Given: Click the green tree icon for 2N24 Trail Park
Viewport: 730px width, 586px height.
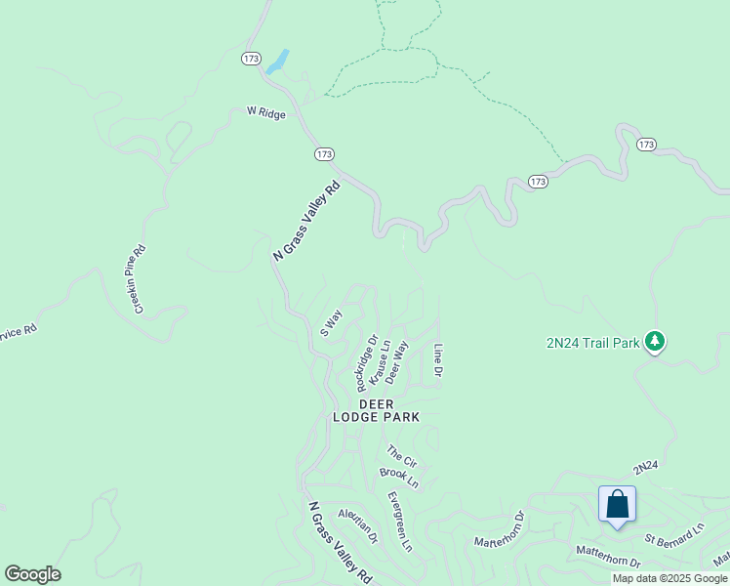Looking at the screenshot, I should click(656, 342).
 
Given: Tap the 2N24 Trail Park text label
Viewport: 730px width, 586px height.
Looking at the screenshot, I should click(592, 343).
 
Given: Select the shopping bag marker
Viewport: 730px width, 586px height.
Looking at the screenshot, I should click(617, 505).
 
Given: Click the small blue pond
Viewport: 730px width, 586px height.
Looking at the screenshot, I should click(277, 62).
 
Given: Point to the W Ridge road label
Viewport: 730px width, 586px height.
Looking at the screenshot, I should click(266, 113).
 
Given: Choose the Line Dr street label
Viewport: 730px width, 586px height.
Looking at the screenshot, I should click(438, 361).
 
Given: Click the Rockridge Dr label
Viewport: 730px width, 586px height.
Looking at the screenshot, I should click(366, 362).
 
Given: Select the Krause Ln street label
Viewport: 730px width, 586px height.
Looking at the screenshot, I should click(381, 362).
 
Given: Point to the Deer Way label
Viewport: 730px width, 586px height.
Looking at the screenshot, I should click(396, 362).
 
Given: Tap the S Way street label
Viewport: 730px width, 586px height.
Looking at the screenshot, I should click(332, 322).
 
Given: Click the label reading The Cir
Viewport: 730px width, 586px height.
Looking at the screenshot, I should click(401, 455).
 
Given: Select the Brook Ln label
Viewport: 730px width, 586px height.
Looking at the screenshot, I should click(399, 478).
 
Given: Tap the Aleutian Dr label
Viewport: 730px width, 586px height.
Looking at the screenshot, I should click(357, 525).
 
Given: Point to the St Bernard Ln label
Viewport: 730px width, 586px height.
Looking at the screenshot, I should click(673, 535).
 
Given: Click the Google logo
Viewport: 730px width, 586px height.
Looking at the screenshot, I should click(32, 574).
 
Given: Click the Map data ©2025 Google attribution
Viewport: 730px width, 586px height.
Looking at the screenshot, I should click(669, 578).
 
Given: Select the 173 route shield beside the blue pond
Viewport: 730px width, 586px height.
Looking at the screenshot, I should click(251, 59).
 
